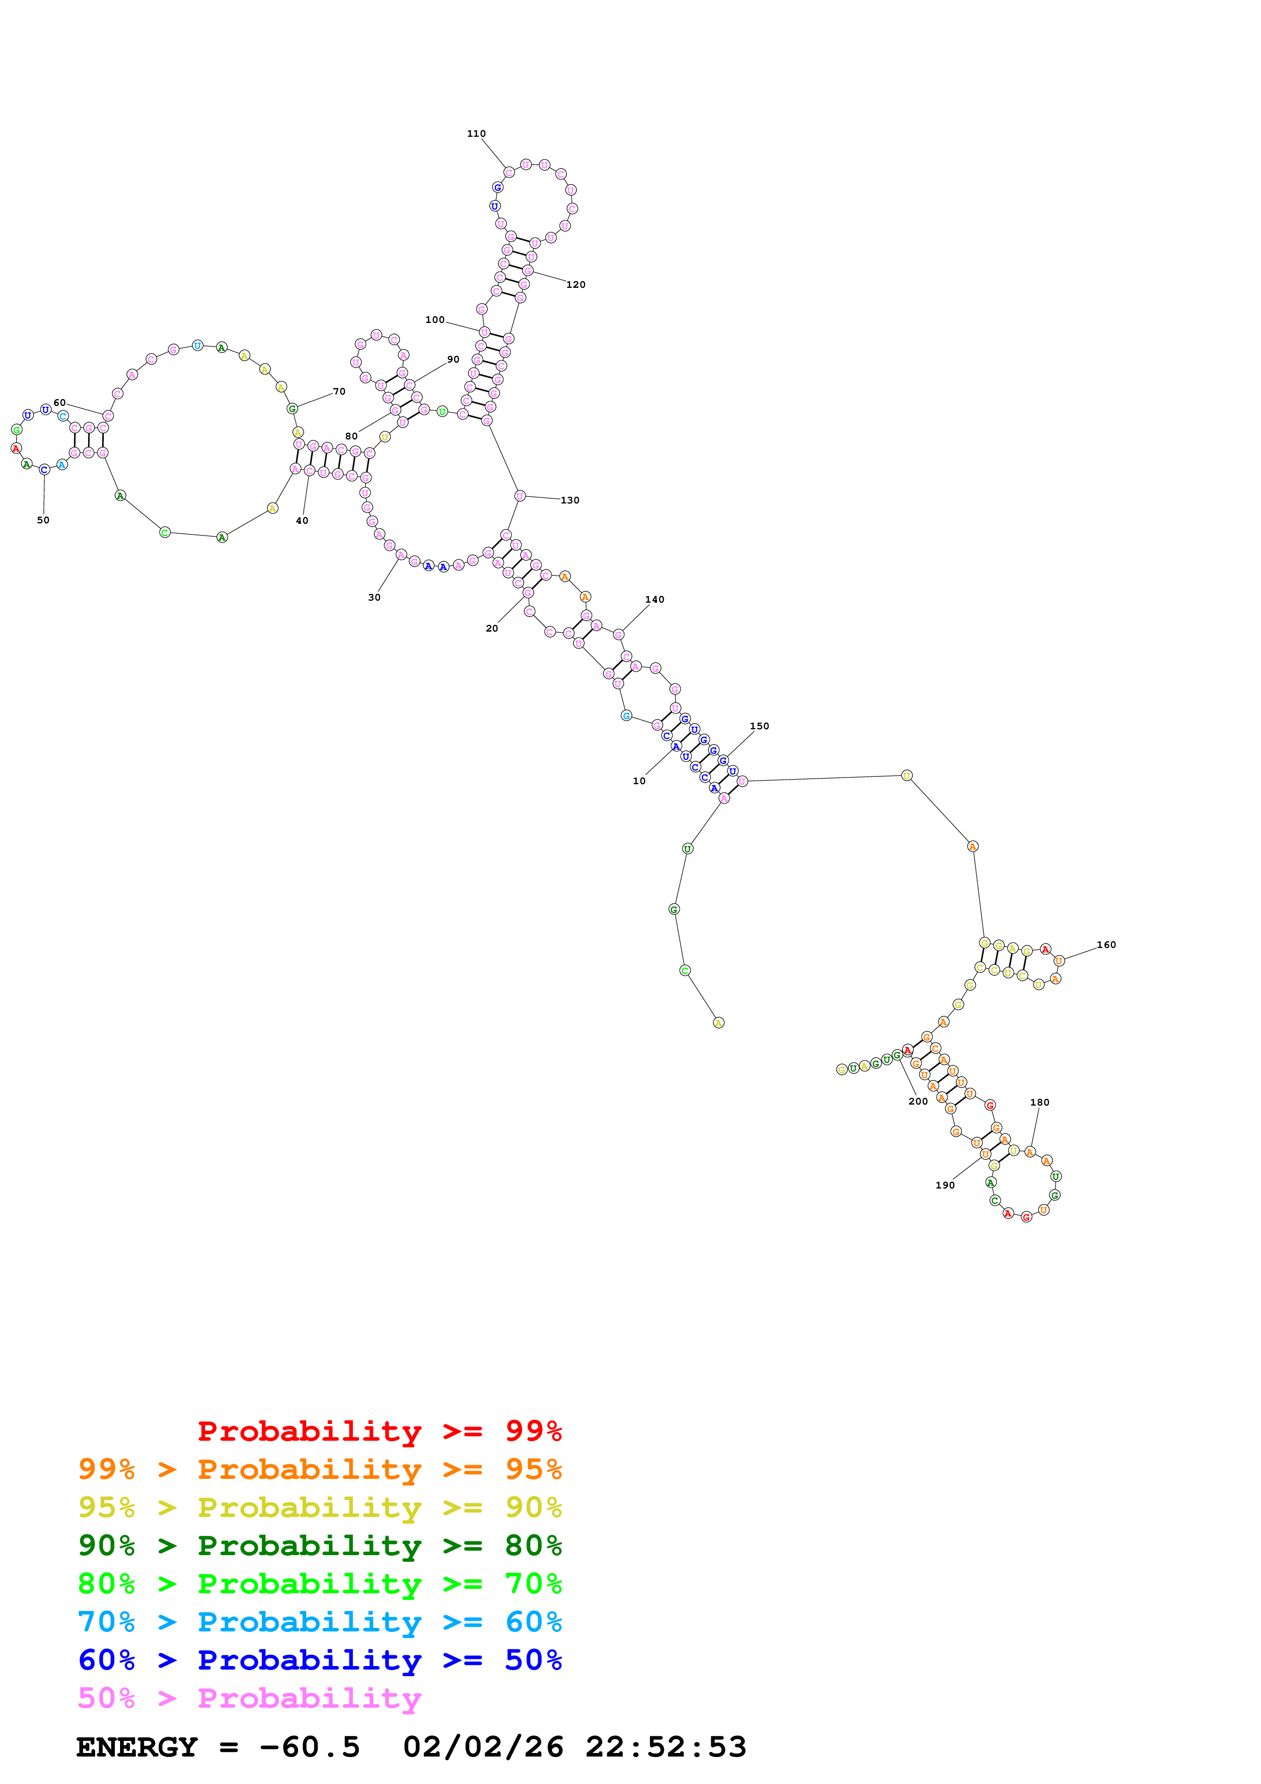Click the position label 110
pyautogui.click(x=476, y=134)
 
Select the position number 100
pyautogui.click(x=434, y=319)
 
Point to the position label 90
pyautogui.click(x=453, y=359)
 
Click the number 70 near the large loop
pyautogui.click(x=339, y=392)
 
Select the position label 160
pyautogui.click(x=1106, y=945)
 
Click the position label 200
pyautogui.click(x=918, y=1101)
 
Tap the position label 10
pyautogui.click(x=639, y=781)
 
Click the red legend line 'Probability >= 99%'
pyautogui.click(x=379, y=1431)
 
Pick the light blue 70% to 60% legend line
pyautogui.click(x=319, y=1622)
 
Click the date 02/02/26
pyautogui.click(x=483, y=1747)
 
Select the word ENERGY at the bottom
pyautogui.click(x=137, y=1747)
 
